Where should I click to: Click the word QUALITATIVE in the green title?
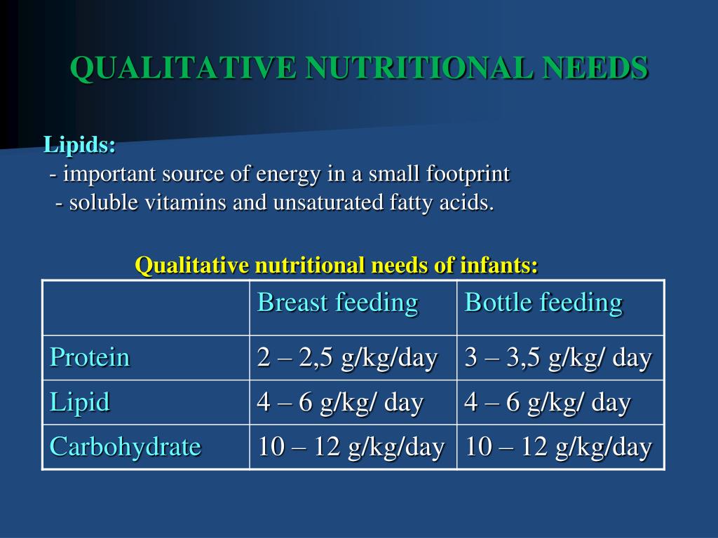point(184,69)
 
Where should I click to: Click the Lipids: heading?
point(80,146)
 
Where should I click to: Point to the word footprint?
point(468,174)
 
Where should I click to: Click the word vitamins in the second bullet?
point(185,202)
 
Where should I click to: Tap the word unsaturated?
point(328,202)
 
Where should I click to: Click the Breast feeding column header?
point(338,303)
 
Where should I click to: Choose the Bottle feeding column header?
point(543,303)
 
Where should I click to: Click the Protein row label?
point(90,357)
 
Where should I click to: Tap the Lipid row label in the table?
point(80,403)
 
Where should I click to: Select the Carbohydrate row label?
point(125,447)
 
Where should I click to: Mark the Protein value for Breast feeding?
point(348,358)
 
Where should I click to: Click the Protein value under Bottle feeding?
point(557,358)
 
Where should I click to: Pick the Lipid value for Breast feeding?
point(340,403)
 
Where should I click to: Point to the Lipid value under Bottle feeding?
point(548,403)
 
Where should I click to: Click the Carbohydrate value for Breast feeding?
point(351,447)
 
